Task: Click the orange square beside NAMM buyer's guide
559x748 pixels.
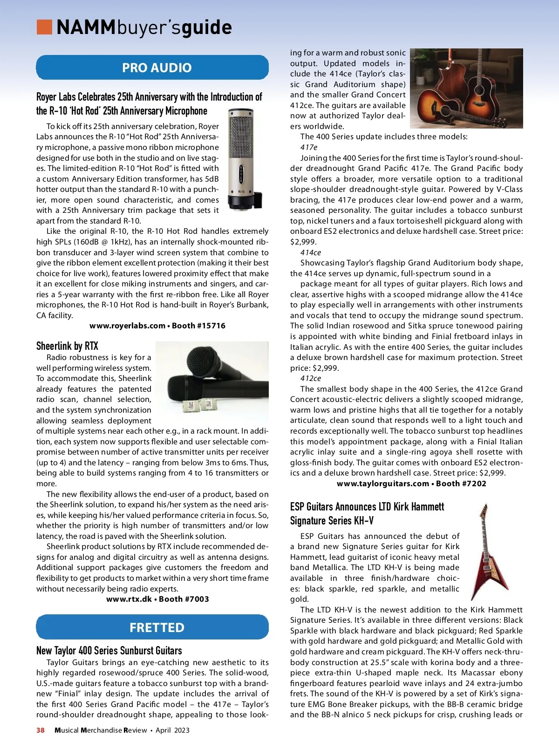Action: (44, 27)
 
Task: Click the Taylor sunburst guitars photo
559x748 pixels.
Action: (466, 88)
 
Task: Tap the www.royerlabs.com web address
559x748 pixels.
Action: (127, 326)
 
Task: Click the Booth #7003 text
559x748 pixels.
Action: (184, 599)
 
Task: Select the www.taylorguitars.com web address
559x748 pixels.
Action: (382, 483)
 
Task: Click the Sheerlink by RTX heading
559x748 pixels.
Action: (68, 346)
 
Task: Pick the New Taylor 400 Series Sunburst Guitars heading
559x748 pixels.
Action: (109, 650)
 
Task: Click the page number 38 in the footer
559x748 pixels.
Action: (41, 730)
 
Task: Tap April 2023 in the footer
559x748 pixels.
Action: (172, 730)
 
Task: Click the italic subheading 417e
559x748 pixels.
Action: (309, 147)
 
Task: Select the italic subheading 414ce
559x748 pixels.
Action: (311, 252)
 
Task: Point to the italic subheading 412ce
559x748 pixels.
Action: (311, 378)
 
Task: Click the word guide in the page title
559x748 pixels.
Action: (207, 27)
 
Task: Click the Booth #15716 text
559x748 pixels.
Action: (199, 326)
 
